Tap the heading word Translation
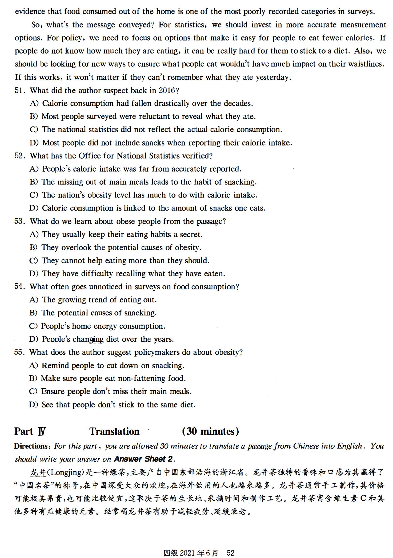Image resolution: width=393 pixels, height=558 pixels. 114,431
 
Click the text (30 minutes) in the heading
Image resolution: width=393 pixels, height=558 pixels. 210,431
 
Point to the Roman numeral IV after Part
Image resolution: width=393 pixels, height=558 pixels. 42,431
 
